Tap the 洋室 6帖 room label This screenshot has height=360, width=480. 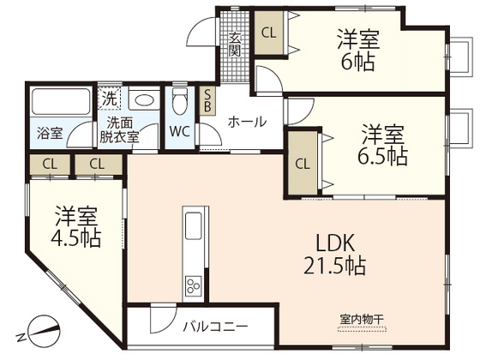(x=357, y=50)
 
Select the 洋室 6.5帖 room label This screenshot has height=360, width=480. (x=382, y=145)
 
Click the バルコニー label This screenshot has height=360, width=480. (x=215, y=327)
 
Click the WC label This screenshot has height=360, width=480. (x=179, y=132)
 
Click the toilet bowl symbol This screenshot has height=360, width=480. (x=179, y=102)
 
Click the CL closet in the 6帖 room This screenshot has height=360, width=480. (x=268, y=34)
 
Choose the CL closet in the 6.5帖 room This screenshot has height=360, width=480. (x=302, y=163)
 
